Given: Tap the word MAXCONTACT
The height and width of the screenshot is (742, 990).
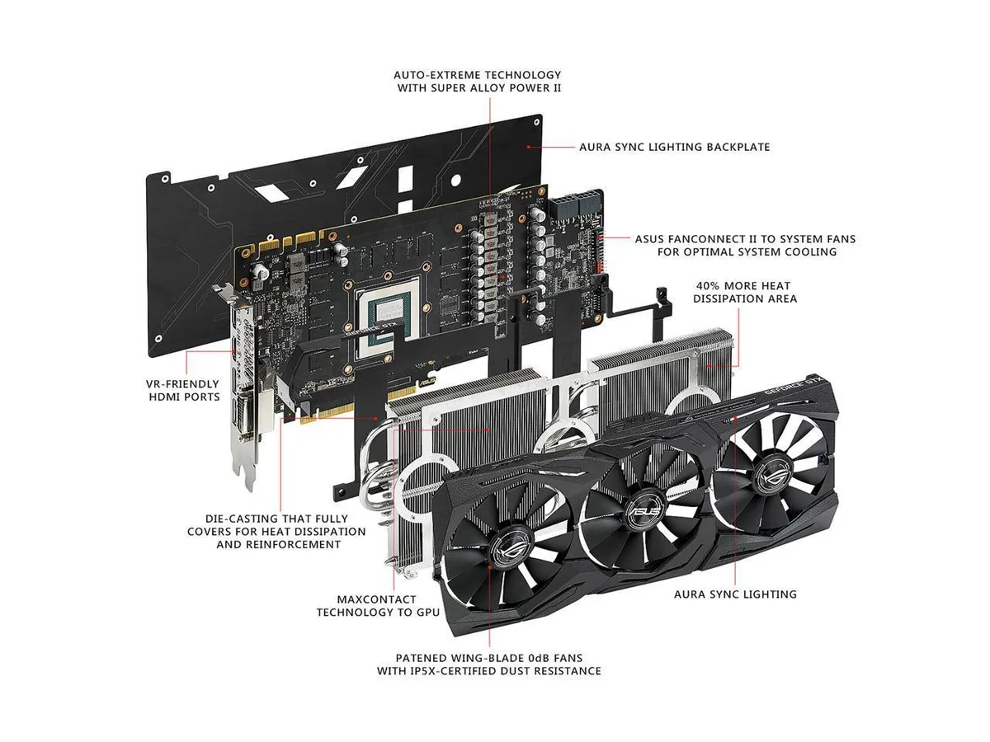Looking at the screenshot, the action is coord(376,599).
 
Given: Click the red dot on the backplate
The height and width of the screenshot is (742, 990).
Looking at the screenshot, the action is coord(528,147).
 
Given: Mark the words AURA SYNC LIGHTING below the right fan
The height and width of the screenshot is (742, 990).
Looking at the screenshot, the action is coord(735,594).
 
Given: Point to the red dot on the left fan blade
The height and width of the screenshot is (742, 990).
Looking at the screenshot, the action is coord(490,566).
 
